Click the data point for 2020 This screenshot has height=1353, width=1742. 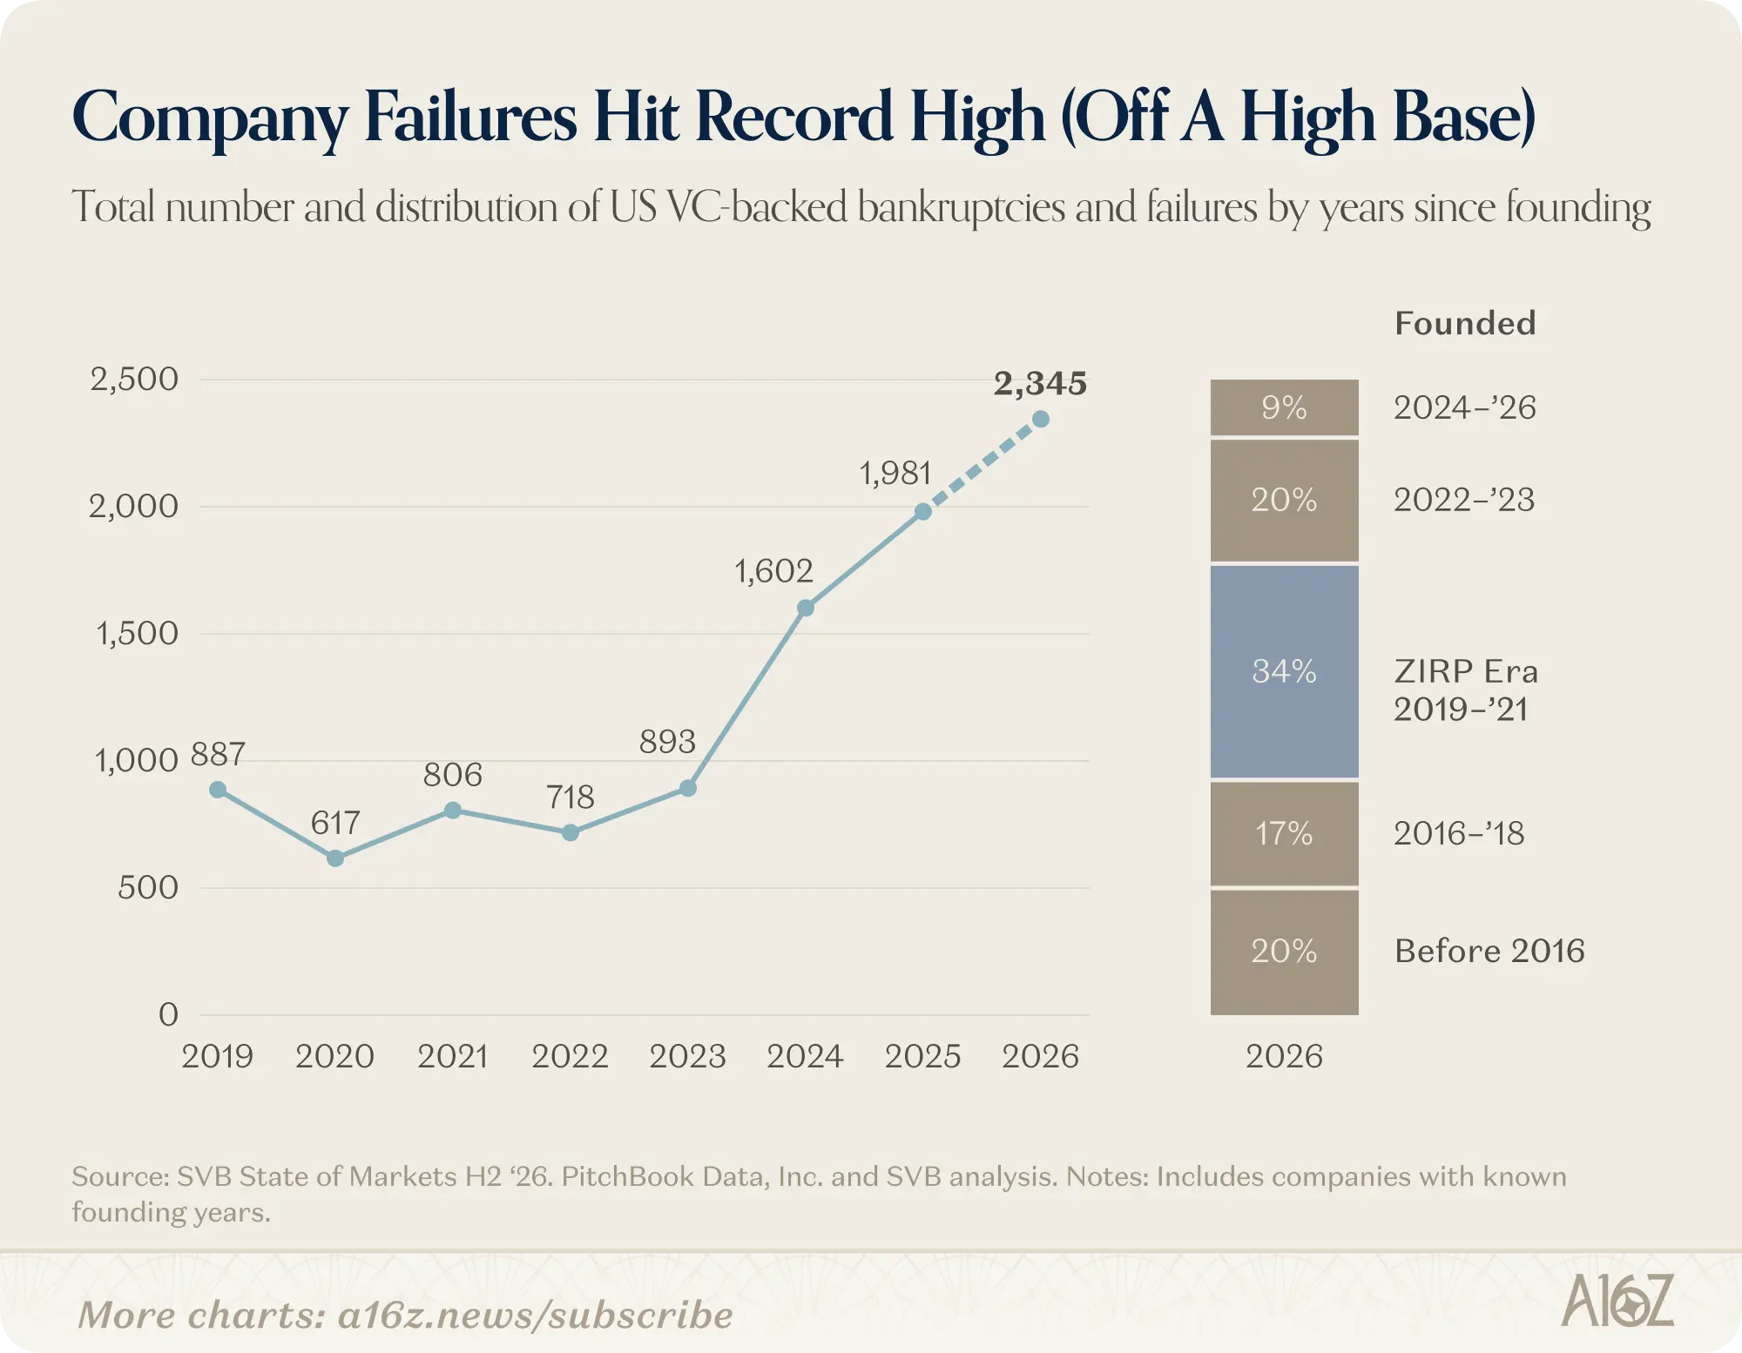pyautogui.click(x=335, y=858)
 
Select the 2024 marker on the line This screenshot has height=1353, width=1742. pyautogui.click(x=806, y=608)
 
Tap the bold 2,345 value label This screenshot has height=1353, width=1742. pyautogui.click(x=1040, y=383)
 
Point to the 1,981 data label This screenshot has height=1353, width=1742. pyautogui.click(x=895, y=474)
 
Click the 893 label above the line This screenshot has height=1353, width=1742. pyautogui.click(x=667, y=742)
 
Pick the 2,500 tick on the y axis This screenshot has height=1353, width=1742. pyautogui.click(x=134, y=380)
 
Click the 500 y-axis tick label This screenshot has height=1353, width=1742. pyautogui.click(x=148, y=888)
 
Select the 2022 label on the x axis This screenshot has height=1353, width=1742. pyautogui.click(x=570, y=1057)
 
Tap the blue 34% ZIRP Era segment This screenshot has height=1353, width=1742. pyautogui.click(x=1285, y=671)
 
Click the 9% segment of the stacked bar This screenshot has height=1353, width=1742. pyautogui.click(x=1285, y=407)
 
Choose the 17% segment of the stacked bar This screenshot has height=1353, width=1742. pyautogui.click(x=1285, y=834)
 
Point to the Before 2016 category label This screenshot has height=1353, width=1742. pyautogui.click(x=1489, y=951)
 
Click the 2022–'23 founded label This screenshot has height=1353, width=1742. pyautogui.click(x=1464, y=500)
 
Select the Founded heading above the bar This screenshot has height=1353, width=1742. pyautogui.click(x=1465, y=323)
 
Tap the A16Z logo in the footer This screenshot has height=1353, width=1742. pyautogui.click(x=1617, y=1301)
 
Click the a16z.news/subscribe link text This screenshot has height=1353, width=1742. pyautogui.click(x=536, y=1316)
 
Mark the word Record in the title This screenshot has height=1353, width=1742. pyautogui.click(x=794, y=117)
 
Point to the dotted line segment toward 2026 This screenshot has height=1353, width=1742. pyautogui.click(x=982, y=466)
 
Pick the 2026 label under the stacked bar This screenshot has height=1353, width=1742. pyautogui.click(x=1284, y=1057)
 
